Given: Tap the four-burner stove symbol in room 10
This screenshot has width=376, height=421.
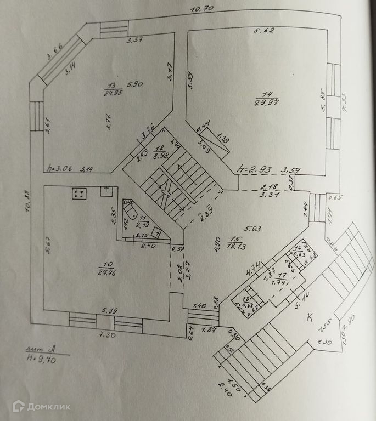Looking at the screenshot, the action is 78,194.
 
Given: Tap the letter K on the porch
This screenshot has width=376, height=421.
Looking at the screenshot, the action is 310,317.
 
